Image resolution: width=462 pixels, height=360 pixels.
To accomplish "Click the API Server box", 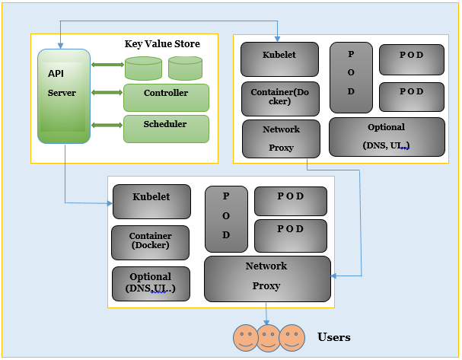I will [64, 96].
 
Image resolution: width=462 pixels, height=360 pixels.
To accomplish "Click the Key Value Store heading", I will [162, 44].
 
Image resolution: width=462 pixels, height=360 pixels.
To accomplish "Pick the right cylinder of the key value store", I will [185, 68].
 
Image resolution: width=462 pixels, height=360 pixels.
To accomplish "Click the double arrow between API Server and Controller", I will [107, 93].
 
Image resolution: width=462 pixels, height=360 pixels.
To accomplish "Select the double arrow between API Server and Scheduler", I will [107, 124].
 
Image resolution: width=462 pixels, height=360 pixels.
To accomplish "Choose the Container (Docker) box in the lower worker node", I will [150, 242].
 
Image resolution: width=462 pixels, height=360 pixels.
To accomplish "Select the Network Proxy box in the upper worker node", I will [280, 138].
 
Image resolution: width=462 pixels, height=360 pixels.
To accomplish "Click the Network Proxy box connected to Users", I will [267, 279].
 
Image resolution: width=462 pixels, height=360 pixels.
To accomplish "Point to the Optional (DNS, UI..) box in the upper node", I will [387, 136].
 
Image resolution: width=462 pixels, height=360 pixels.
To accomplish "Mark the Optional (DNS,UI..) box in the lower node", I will [151, 283].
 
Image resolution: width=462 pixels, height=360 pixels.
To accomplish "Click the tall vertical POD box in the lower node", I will [225, 218].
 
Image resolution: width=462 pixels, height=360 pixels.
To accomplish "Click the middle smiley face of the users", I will [268, 336].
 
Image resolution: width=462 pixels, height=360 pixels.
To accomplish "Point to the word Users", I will [334, 336].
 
